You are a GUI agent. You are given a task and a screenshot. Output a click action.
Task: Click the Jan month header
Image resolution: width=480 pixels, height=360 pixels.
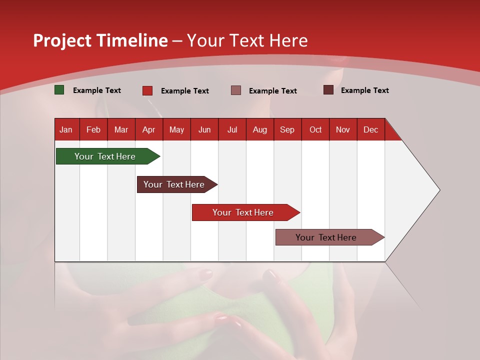66,129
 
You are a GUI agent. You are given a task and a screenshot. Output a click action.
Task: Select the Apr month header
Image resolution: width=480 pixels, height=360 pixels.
149,129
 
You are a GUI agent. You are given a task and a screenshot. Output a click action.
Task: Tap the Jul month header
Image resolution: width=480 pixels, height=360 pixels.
232,129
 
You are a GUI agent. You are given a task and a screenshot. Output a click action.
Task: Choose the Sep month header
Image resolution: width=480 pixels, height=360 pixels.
287,129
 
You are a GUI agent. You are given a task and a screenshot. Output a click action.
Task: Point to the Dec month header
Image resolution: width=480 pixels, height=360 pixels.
370,129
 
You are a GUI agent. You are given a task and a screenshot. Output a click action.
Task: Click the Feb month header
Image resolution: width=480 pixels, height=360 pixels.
93,129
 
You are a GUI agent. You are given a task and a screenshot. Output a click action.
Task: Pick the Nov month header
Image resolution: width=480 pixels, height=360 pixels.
343,129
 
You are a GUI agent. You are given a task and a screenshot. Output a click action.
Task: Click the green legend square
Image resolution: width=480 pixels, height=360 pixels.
59,90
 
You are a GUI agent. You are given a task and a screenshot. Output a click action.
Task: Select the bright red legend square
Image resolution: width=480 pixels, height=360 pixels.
147,90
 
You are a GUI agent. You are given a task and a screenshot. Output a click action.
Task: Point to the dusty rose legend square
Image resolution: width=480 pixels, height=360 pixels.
236,90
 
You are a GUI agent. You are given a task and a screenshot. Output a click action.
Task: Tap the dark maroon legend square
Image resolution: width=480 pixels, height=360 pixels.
328,90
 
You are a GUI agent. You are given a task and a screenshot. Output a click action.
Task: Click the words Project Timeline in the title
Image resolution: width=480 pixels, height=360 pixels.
100,40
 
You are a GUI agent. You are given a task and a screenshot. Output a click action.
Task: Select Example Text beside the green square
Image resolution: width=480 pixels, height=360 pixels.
97,90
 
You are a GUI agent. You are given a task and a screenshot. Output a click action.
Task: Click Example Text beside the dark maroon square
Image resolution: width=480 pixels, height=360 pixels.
365,90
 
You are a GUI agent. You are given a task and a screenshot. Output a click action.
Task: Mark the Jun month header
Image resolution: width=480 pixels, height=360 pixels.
204,129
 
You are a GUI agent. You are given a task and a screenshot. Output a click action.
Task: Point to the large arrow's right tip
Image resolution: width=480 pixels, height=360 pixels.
439,190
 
